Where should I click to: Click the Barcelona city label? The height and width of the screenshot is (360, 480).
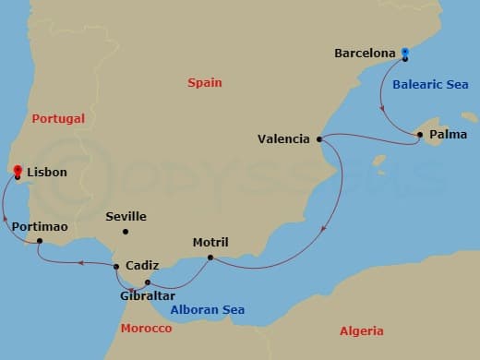365,54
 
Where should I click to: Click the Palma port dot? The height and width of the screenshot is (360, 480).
420,135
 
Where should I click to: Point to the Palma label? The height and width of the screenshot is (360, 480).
448,135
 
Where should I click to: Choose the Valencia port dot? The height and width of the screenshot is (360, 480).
318,139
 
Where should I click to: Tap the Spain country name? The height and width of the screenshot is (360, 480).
205,82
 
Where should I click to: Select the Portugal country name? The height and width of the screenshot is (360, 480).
57,118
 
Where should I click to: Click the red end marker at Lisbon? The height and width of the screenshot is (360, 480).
17,171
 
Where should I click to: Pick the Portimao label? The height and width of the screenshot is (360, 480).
41,226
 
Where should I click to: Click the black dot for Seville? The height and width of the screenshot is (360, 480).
126,231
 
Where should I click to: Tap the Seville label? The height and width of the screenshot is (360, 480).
126,217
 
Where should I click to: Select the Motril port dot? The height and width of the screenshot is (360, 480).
210,258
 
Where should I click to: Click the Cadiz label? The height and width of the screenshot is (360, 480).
142,266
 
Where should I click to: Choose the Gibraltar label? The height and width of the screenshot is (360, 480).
148,296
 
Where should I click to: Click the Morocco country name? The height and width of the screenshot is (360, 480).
147,329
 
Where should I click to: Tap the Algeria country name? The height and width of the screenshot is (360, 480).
361,330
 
